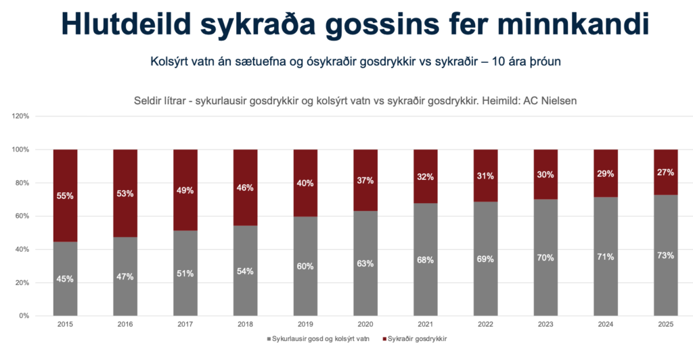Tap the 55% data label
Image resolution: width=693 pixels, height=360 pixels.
pyautogui.click(x=65, y=196)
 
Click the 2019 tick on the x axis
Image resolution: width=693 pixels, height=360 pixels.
pyautogui.click(x=305, y=324)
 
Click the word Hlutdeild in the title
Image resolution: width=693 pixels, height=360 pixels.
pyautogui.click(x=136, y=24)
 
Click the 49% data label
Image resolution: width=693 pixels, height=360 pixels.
pyautogui.click(x=185, y=191)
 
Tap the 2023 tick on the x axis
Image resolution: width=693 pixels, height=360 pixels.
pyautogui.click(x=545, y=324)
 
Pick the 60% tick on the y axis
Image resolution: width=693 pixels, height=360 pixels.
pyautogui.click(x=22, y=217)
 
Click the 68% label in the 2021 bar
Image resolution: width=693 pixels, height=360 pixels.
pyautogui.click(x=426, y=260)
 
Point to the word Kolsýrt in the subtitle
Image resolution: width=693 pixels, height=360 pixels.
pyautogui.click(x=167, y=62)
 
